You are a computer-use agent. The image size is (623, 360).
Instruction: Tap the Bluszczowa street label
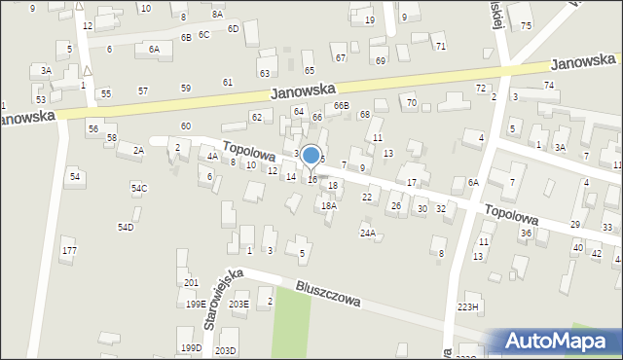point(328,295)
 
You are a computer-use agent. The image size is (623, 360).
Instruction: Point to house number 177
point(68,251)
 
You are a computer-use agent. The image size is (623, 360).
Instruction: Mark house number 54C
point(139,188)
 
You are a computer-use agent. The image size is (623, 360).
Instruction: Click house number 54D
point(126,227)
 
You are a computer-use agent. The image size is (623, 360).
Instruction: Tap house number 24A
point(367,233)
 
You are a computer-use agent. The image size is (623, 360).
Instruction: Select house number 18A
point(329,205)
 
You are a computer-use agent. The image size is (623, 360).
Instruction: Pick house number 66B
point(341,105)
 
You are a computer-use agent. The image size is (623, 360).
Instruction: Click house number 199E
point(197,304)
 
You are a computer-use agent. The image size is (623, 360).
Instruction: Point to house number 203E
point(238,304)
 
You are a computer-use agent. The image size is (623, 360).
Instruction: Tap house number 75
point(526,25)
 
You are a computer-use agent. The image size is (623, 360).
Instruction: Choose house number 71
point(440,46)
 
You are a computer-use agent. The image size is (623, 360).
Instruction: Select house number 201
point(191,282)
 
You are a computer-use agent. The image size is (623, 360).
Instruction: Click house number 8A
point(217,15)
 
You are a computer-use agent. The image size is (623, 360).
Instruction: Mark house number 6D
point(233,28)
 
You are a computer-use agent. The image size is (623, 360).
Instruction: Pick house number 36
point(526,233)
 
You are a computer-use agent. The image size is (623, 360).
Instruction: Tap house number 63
point(264,73)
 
